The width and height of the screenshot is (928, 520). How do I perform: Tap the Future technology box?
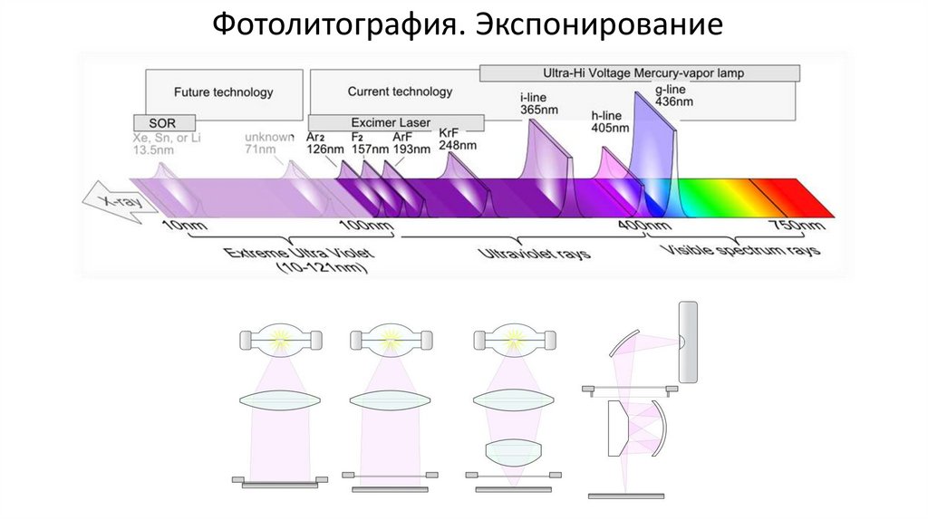[223, 91]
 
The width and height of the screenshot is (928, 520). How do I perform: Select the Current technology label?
[400, 91]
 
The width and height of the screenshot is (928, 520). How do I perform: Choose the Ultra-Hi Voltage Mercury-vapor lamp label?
[640, 72]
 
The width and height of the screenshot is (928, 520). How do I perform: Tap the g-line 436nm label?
[672, 96]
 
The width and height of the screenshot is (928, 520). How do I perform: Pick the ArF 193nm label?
[411, 142]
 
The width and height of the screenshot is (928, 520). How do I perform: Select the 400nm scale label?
[645, 225]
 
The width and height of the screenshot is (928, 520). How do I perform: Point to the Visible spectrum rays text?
[741, 249]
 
